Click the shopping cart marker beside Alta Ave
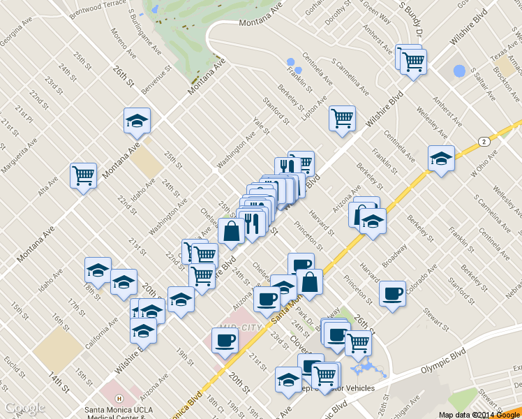[84, 175]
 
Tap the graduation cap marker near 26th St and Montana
[137, 120]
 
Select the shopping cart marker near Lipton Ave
[342, 118]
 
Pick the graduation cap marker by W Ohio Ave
[441, 159]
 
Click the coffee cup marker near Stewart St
[393, 293]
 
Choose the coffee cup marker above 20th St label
[225, 341]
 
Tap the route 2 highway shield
[483, 141]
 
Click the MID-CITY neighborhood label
[238, 326]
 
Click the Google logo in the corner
[25, 408]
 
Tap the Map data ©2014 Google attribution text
[479, 415]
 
